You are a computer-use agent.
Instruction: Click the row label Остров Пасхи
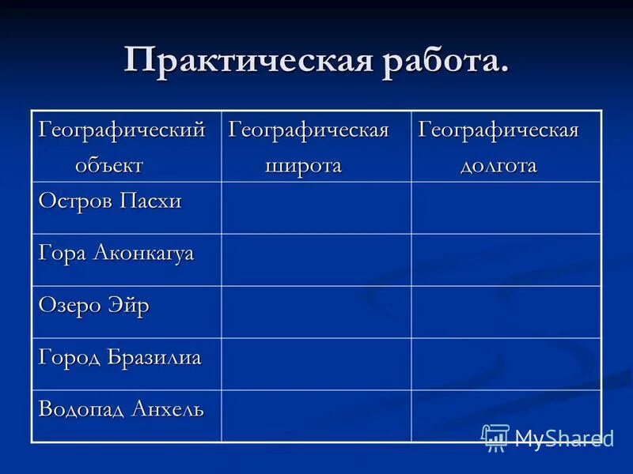[x=110, y=201]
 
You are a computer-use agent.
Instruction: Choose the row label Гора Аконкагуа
[x=116, y=254]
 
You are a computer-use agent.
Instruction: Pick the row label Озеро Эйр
[x=93, y=306]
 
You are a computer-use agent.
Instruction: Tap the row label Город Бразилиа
[x=119, y=358]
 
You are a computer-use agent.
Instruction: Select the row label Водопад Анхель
[x=121, y=410]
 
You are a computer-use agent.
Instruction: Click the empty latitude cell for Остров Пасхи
[x=316, y=208]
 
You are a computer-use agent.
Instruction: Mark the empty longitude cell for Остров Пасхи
[x=506, y=208]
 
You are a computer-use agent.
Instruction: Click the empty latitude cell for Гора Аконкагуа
[x=316, y=260]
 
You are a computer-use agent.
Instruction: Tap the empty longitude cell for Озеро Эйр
[x=506, y=312]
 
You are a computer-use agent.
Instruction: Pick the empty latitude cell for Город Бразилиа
[x=316, y=364]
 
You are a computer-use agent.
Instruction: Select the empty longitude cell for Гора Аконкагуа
[x=506, y=260]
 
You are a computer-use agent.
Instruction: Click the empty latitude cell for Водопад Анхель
[x=316, y=416]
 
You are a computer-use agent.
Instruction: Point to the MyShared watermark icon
[x=495, y=437]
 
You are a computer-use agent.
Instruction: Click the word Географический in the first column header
[x=122, y=130]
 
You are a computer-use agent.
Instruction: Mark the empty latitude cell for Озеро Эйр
[x=316, y=312]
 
